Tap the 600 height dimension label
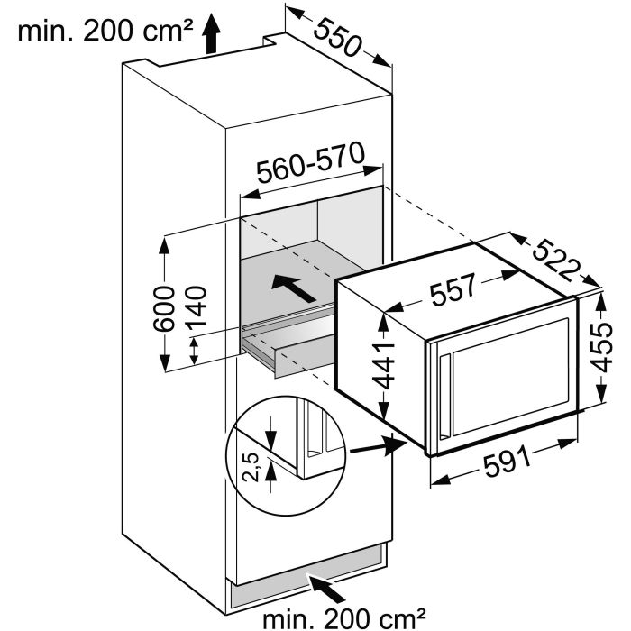(x=164, y=308)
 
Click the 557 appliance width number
(x=453, y=288)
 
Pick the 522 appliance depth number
(x=557, y=261)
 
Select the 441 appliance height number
(x=382, y=366)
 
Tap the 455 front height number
(x=601, y=346)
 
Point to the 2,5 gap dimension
(x=251, y=467)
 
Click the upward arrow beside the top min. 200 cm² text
(x=211, y=34)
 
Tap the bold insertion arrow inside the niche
(x=294, y=288)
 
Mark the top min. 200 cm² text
(x=105, y=31)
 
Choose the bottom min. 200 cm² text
(x=344, y=617)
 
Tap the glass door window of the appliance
(x=510, y=377)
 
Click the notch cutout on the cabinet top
(x=274, y=39)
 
